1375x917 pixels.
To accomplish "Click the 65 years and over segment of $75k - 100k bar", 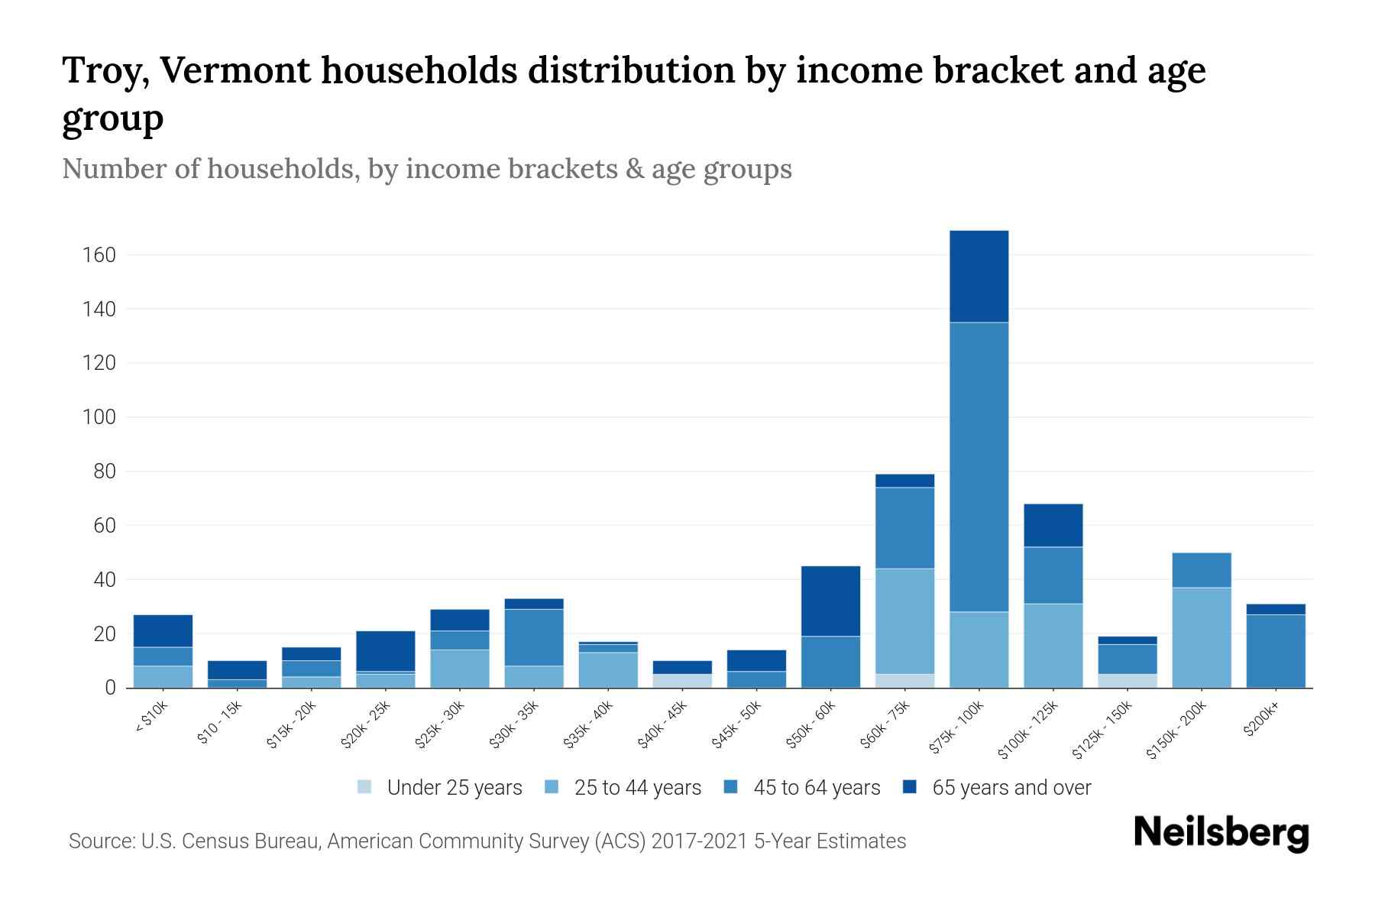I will point(979,276).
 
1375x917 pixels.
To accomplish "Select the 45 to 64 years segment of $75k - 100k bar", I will point(979,466).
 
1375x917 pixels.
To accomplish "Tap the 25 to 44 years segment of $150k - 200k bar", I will point(1201,637).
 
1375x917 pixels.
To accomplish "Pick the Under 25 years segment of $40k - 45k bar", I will point(682,680).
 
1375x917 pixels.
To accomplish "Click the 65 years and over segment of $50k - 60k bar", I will point(830,601).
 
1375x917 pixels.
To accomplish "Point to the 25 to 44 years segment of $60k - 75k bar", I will point(904,621).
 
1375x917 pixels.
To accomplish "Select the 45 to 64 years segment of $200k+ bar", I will point(1275,650).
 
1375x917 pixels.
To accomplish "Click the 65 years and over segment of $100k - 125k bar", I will point(1053,525).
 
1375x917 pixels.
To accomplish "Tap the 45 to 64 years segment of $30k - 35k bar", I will point(534,637).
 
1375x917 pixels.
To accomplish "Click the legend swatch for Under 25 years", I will point(365,787).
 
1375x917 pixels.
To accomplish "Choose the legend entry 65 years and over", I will point(1011,787).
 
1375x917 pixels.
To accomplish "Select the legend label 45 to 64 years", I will point(816,787).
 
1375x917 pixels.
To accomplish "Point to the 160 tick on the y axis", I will point(99,255).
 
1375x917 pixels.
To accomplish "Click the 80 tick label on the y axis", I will point(104,471).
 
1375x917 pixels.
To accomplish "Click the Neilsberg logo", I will point(1221,833).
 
